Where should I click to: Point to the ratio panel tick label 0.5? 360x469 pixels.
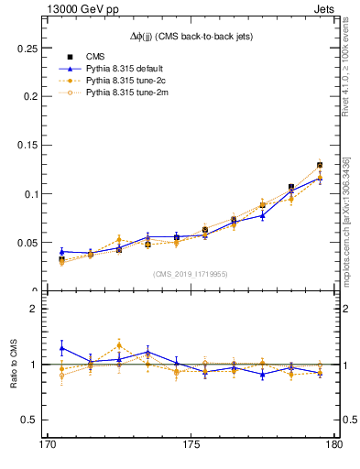[x=32, y=420]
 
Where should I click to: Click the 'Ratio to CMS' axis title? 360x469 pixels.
[x=13, y=365]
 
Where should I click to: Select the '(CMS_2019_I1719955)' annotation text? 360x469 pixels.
[x=191, y=273]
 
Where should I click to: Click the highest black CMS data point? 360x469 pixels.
[x=320, y=165]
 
